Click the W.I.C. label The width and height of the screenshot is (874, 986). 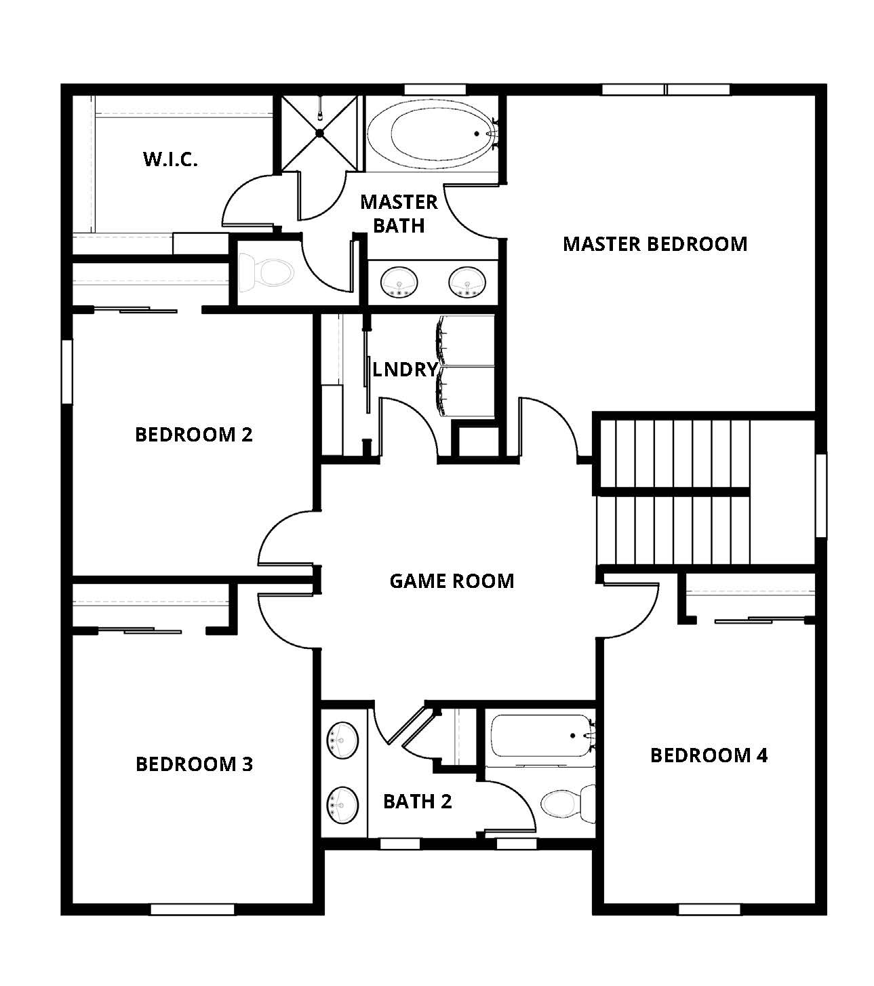click(170, 159)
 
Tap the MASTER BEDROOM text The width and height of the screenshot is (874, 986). click(654, 244)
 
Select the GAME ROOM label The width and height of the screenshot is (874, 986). click(452, 581)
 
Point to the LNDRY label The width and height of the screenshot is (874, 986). click(405, 370)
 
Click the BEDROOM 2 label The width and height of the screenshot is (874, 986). click(194, 434)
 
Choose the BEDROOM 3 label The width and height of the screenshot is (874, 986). click(194, 764)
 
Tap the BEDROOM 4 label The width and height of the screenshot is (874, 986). click(709, 755)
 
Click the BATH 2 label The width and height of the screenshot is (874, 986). click(417, 802)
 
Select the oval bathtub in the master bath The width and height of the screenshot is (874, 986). click(431, 134)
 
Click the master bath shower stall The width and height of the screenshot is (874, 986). click(319, 134)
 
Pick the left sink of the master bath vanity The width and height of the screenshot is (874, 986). click(399, 282)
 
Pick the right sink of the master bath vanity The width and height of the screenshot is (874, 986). click(467, 282)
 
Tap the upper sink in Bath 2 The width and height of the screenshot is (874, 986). click(343, 739)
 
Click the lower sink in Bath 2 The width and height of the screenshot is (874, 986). click(343, 804)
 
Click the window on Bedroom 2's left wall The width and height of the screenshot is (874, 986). click(67, 372)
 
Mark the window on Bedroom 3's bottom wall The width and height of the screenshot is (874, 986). click(192, 909)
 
